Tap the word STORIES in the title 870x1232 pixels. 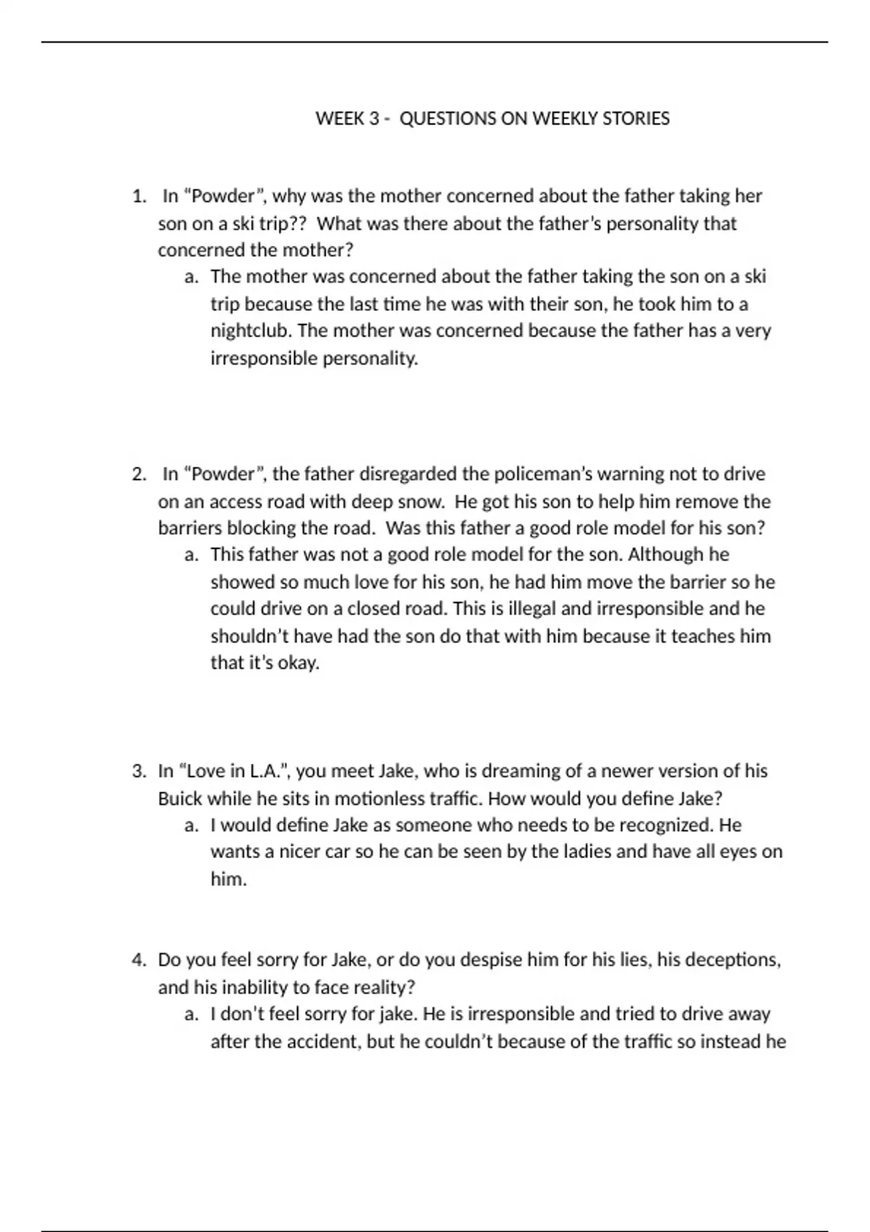[636, 119]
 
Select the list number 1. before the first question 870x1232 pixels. [139, 196]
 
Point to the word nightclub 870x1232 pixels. [250, 331]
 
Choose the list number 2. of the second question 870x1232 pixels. [139, 475]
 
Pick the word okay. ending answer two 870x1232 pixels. [297, 663]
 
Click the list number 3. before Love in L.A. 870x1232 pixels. [139, 771]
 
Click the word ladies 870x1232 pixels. [571, 852]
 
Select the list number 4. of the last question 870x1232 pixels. [139, 960]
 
